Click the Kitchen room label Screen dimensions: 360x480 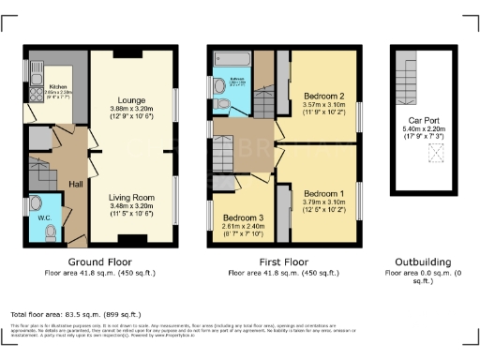click(x=46, y=86)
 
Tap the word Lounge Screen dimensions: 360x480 click(x=131, y=97)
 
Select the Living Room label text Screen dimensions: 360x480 click(x=131, y=170)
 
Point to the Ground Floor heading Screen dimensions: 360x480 click(x=100, y=262)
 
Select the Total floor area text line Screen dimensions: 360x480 click(x=75, y=314)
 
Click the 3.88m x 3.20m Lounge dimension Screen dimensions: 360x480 click(x=131, y=108)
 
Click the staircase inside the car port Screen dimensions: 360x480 click(x=404, y=76)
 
